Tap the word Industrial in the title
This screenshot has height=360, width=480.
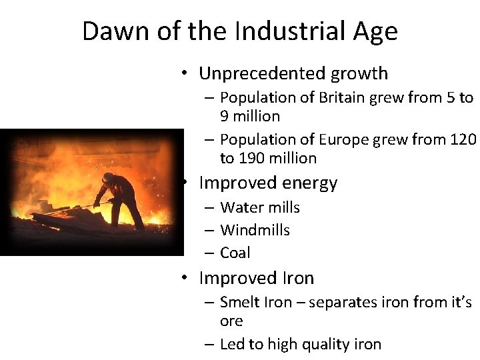pyautogui.click(x=275, y=31)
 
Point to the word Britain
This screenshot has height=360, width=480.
pyautogui.click(x=340, y=97)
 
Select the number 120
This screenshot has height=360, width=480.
pyautogui.click(x=463, y=139)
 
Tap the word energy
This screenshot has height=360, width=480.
pyautogui.click(x=310, y=183)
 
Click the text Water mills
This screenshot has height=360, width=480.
pyautogui.click(x=259, y=207)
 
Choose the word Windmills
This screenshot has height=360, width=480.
pyautogui.click(x=255, y=230)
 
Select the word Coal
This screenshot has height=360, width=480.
pyautogui.click(x=235, y=253)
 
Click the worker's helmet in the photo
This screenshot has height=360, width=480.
pyautogui.click(x=108, y=177)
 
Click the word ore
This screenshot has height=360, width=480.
pyautogui.click(x=231, y=321)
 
